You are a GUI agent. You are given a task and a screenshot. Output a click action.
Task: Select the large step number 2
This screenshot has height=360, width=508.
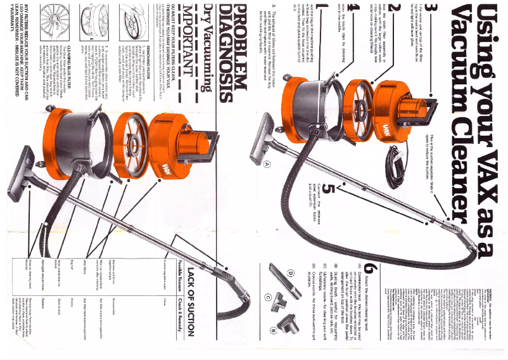pyautogui.click(x=391, y=13)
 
